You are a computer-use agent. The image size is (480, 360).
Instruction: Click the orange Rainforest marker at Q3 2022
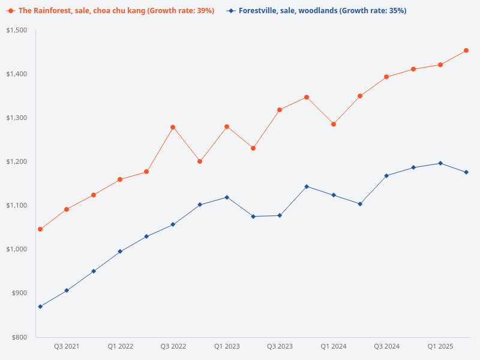coord(173,127)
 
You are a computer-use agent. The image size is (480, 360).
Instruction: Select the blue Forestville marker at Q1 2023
coord(227,197)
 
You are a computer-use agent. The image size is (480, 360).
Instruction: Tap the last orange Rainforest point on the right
coord(466,50)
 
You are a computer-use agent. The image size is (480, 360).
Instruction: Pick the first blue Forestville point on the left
coord(40,307)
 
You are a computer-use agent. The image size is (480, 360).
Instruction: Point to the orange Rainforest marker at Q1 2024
coord(334,124)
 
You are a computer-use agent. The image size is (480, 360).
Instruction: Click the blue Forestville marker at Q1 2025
coord(440,163)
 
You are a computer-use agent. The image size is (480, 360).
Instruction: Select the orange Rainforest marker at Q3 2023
coord(280,110)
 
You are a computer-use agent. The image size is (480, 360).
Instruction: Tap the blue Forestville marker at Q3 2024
coord(386,176)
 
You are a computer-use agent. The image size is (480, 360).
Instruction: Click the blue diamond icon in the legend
coord(231,11)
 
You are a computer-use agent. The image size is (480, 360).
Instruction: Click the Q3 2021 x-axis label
coord(67,346)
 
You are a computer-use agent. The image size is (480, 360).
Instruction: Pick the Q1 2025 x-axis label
coord(440,346)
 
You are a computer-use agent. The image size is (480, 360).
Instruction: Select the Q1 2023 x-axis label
coord(227,346)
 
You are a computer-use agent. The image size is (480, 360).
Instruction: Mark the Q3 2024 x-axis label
coord(386,346)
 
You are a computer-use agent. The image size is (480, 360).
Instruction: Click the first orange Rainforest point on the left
coord(40,229)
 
